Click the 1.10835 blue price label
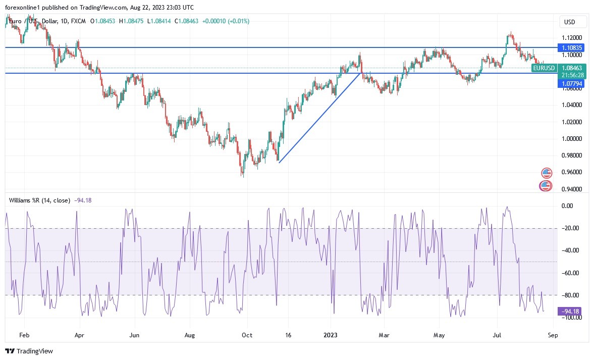click(571, 47)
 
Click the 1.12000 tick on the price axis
click(572, 38)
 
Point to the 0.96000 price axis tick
click(572, 172)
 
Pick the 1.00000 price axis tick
click(572, 139)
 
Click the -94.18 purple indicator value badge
click(571, 311)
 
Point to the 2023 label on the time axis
click(331, 334)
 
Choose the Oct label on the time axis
click(247, 334)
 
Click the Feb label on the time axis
click(24, 334)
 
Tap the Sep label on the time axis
click(552, 334)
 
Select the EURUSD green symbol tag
click(545, 68)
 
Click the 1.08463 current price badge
click(571, 68)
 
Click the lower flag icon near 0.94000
click(545, 186)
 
